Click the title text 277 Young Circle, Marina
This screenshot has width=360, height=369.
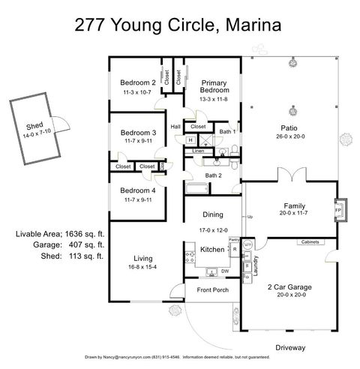[x=178, y=25]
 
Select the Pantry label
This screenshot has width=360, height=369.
[x=234, y=241]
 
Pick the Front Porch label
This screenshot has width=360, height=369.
[x=212, y=290]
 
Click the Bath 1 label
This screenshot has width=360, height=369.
[x=228, y=132]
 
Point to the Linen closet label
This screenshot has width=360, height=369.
[x=198, y=151]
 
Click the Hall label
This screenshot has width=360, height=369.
[x=175, y=127]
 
